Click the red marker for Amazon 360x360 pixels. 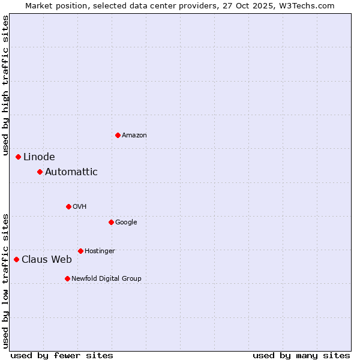pyautogui.click(x=118, y=135)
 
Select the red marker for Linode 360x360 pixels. pyautogui.click(x=18, y=157)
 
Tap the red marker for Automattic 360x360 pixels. pyautogui.click(x=40, y=172)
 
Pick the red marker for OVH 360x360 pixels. pyautogui.click(x=68, y=206)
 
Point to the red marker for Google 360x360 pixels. pyautogui.click(x=111, y=222)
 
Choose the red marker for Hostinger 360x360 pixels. pyautogui.click(x=80, y=251)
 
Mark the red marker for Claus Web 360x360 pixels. pyautogui.click(x=16, y=259)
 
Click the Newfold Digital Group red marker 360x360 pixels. pyautogui.click(x=67, y=278)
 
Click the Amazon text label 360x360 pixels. pyautogui.click(x=134, y=136)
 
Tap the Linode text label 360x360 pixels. pyautogui.click(x=39, y=157)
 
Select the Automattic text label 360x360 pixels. pyautogui.click(x=71, y=172)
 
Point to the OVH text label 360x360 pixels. pyautogui.click(x=80, y=207)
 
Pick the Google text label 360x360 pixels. pyautogui.click(x=126, y=223)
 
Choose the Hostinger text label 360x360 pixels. pyautogui.click(x=100, y=251)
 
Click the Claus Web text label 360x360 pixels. pyautogui.click(x=47, y=260)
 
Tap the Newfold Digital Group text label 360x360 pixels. pyautogui.click(x=106, y=279)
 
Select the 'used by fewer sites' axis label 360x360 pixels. pyautogui.click(x=62, y=355)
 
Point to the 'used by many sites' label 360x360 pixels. pyautogui.click(x=301, y=355)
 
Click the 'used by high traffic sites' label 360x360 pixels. pyautogui.click(x=5, y=86)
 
